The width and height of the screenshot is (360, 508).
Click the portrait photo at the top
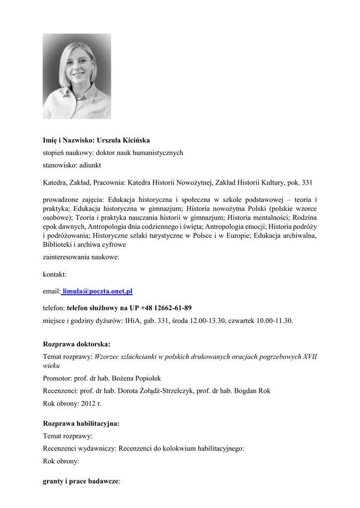[x=77, y=76]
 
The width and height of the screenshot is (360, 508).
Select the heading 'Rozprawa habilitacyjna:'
[x=81, y=424]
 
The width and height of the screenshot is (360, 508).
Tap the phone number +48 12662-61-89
[x=166, y=308]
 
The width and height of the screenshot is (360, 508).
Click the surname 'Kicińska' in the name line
[x=134, y=140]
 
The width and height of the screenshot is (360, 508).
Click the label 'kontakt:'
[x=55, y=274]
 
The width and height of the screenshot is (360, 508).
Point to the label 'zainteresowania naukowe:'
[x=81, y=257]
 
